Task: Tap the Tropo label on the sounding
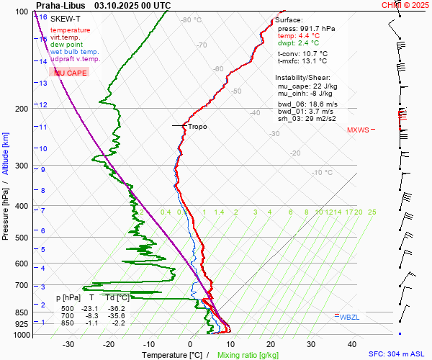(197, 127)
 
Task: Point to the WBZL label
(349, 317)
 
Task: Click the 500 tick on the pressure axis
(23, 238)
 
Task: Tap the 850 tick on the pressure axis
(23, 312)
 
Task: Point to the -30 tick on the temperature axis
(68, 344)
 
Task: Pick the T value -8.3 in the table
(91, 316)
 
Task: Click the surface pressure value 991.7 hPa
(318, 28)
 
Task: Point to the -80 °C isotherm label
(191, 20)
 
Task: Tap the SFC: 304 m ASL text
(398, 354)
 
